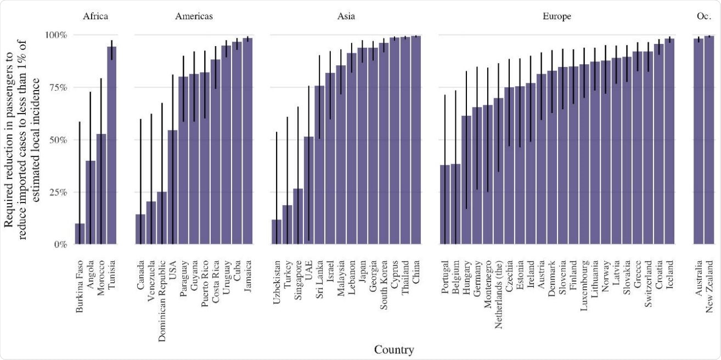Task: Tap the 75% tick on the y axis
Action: coord(55,87)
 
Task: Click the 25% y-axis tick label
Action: coord(55,192)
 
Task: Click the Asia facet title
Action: coord(346,16)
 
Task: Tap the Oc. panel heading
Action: coord(703,16)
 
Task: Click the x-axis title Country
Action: coord(394,350)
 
